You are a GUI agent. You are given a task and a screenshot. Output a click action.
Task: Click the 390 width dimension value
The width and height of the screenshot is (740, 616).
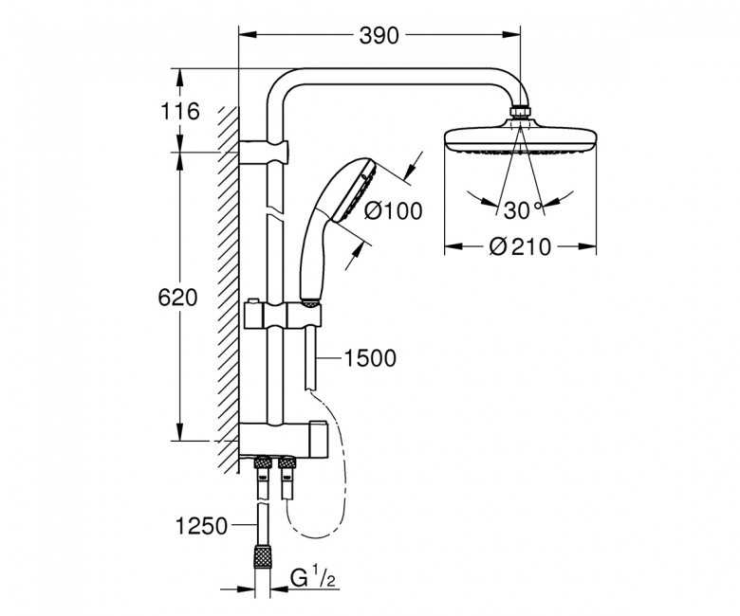click(379, 35)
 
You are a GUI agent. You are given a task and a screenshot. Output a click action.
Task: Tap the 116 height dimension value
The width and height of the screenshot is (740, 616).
click(180, 112)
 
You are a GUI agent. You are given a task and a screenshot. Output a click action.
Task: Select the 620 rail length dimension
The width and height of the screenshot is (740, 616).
click(177, 298)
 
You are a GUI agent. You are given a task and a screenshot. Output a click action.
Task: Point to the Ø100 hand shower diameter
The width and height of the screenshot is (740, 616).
click(393, 210)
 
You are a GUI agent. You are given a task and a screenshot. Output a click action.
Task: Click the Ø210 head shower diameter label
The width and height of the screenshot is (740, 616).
click(520, 246)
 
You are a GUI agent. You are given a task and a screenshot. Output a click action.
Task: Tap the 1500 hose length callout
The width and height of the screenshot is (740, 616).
click(370, 358)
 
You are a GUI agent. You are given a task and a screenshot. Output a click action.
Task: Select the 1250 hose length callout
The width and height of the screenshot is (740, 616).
click(201, 526)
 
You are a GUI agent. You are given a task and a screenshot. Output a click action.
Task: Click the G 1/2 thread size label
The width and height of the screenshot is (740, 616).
click(313, 578)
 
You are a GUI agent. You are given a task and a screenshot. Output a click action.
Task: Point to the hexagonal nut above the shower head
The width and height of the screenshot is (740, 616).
click(521, 112)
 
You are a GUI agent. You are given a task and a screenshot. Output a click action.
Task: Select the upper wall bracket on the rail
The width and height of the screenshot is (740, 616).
click(264, 152)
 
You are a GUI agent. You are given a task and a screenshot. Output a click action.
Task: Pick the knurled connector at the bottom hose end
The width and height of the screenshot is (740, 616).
click(262, 558)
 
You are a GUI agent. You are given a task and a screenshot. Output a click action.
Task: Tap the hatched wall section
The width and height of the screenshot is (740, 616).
click(229, 290)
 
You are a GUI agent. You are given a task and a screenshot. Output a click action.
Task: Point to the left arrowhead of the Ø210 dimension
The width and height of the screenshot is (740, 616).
click(454, 246)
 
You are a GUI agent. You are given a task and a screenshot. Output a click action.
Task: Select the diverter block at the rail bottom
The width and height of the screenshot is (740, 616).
click(282, 440)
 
